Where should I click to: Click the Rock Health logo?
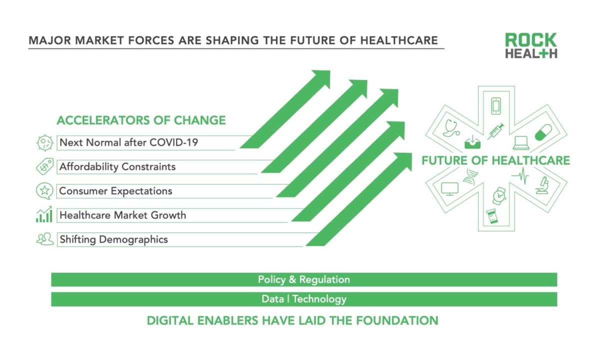531,45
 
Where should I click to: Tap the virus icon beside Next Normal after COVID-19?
44,143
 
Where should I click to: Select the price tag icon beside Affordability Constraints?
44,166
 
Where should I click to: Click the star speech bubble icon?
44,191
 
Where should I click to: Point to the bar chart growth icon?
44,214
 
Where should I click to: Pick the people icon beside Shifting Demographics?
44,238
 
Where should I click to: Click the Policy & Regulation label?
304,279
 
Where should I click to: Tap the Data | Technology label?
304,299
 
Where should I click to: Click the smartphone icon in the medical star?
496,106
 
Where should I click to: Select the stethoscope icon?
451,128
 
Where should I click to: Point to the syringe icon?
495,131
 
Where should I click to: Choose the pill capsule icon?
543,132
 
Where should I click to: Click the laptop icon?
521,143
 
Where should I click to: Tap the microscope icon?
542,185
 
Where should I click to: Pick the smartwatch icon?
499,196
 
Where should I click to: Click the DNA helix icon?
470,176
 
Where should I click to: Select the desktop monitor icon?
449,189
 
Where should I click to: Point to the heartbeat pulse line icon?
520,175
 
